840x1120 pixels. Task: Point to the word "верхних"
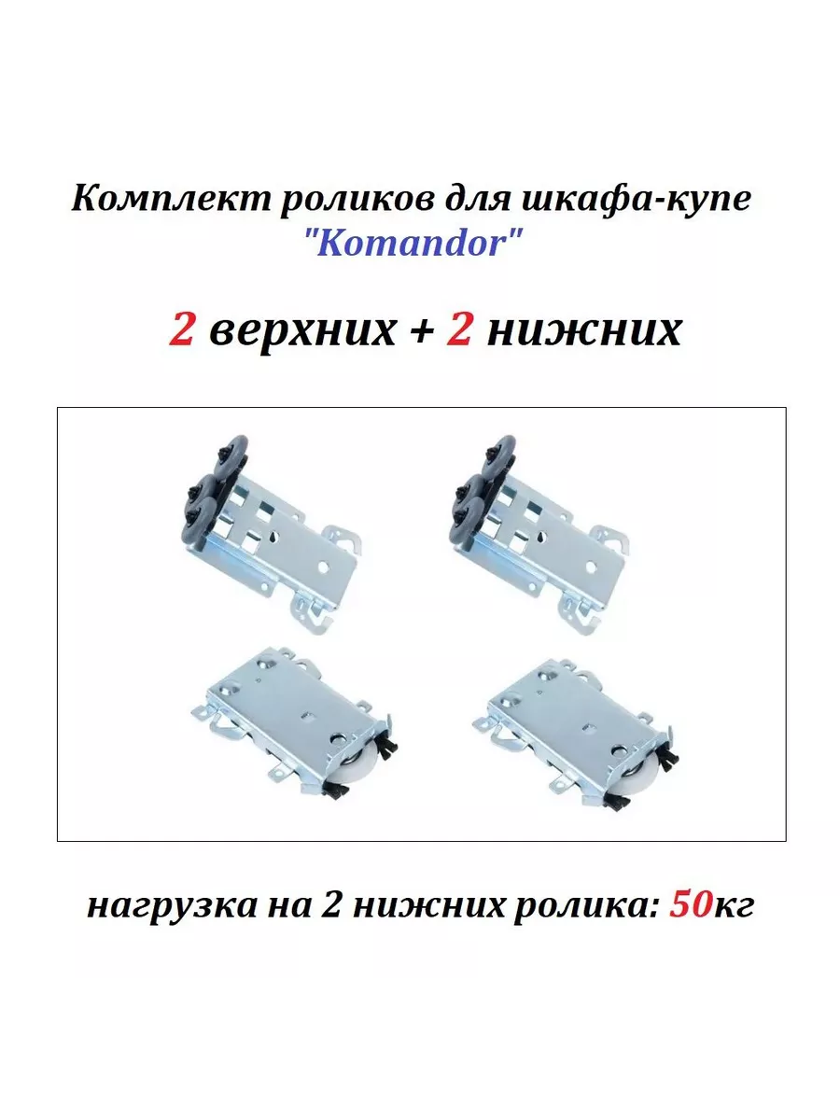[x=301, y=331]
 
